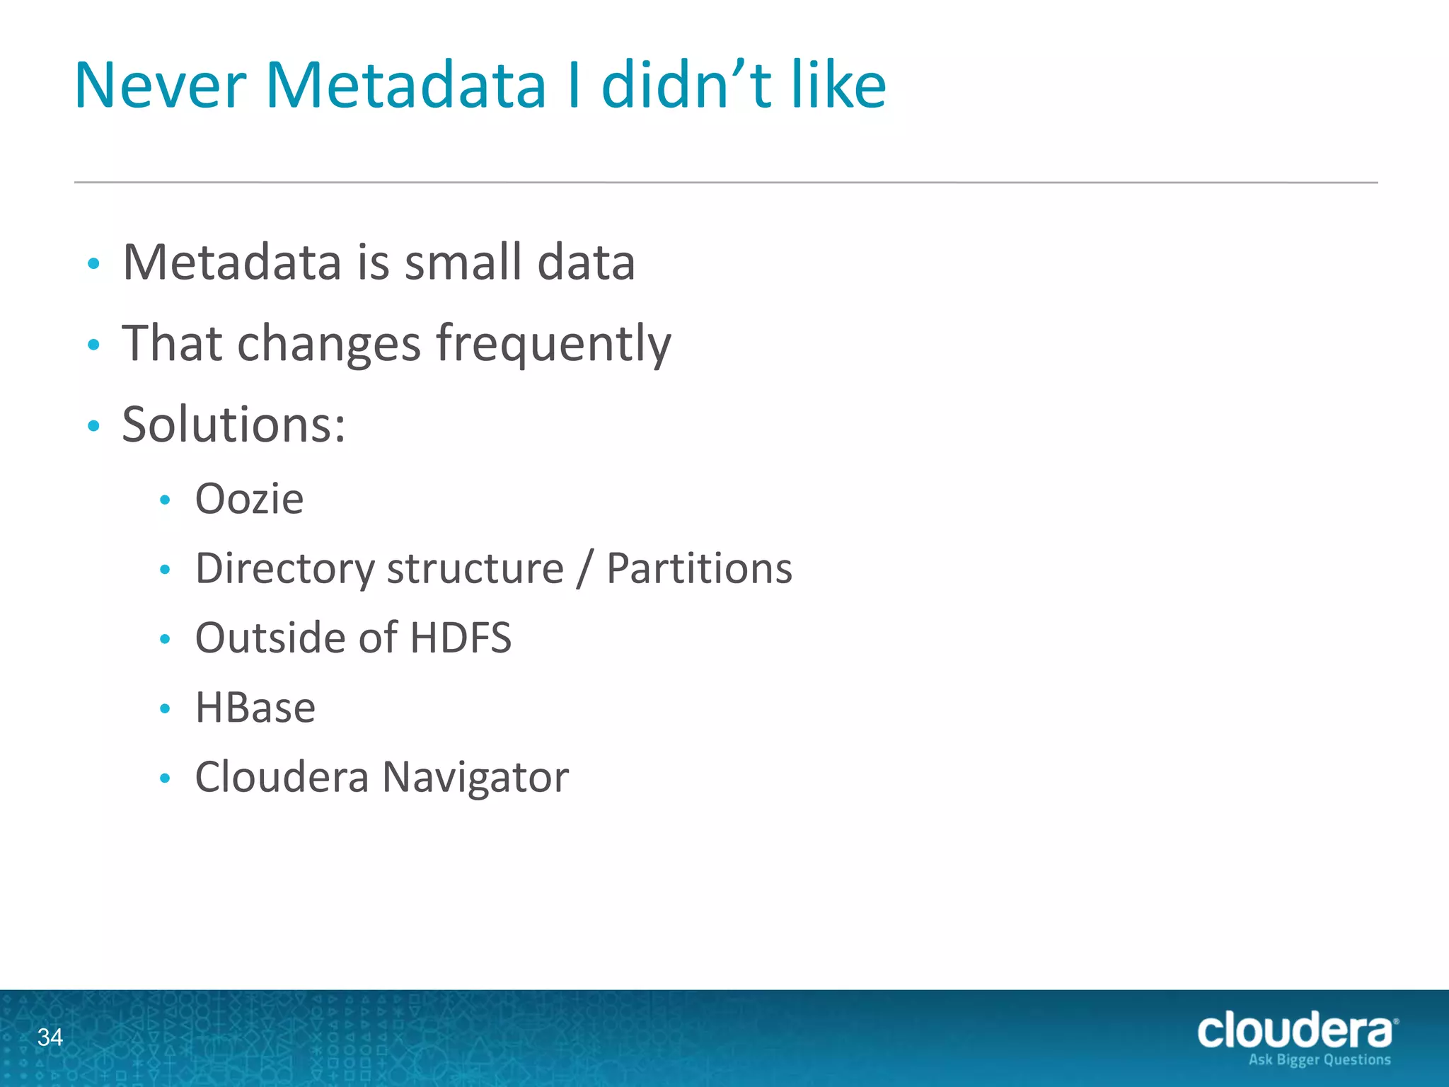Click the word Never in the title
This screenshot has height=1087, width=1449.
[160, 86]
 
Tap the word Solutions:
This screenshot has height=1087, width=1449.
[234, 425]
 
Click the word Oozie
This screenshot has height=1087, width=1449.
[249, 499]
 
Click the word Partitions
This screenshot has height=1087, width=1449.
[699, 568]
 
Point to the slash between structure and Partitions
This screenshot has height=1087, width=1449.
[584, 570]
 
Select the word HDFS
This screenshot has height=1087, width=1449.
[461, 638]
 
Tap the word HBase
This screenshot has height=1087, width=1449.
[255, 708]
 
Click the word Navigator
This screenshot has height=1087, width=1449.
[475, 778]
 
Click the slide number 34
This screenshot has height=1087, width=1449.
[50, 1037]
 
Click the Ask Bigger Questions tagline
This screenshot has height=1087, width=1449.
[1319, 1060]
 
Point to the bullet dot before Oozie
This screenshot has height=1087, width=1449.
[165, 500]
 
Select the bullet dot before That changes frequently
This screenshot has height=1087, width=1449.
[93, 345]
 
